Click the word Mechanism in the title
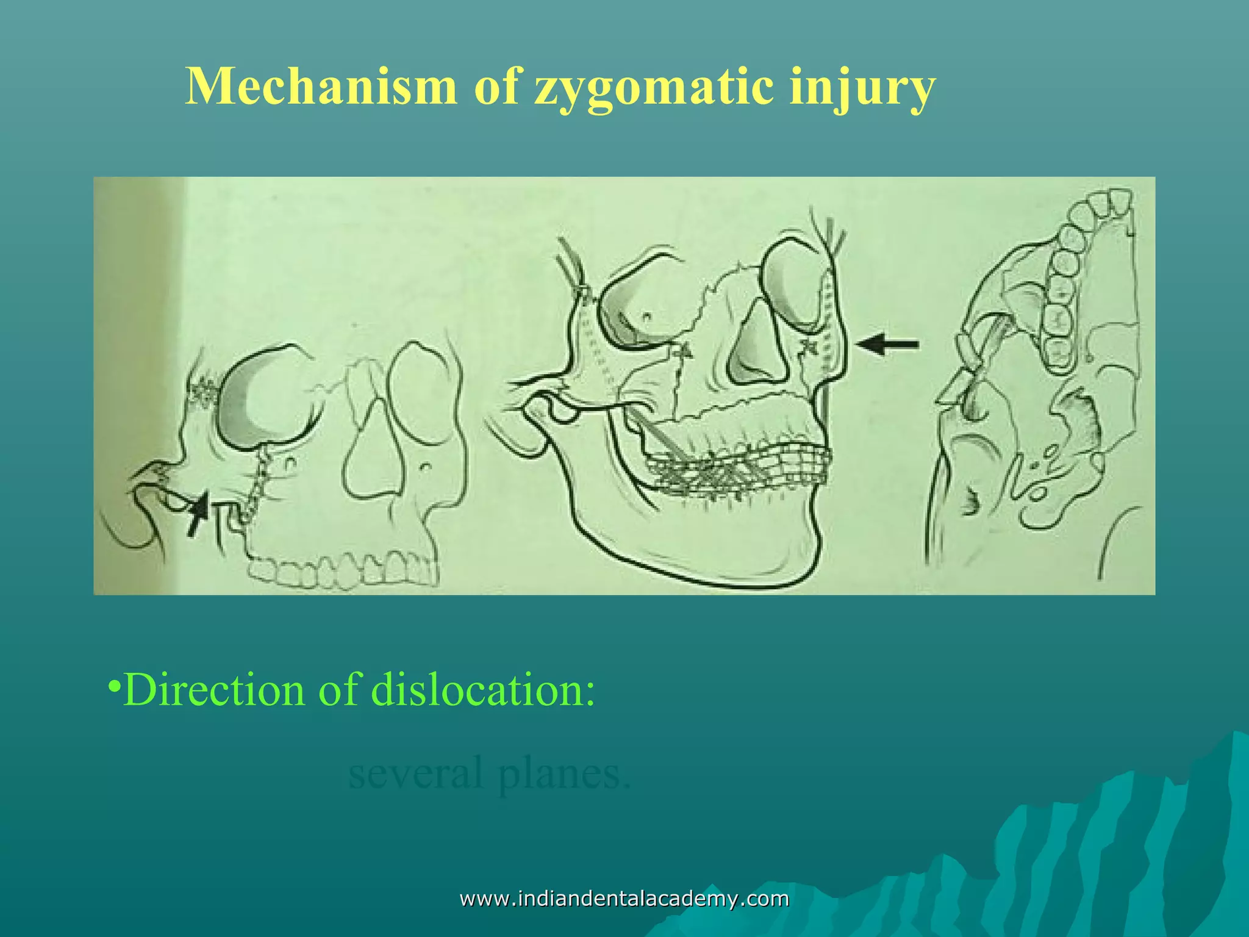click(x=321, y=86)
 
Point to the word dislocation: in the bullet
click(x=482, y=690)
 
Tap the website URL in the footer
click(x=624, y=899)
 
